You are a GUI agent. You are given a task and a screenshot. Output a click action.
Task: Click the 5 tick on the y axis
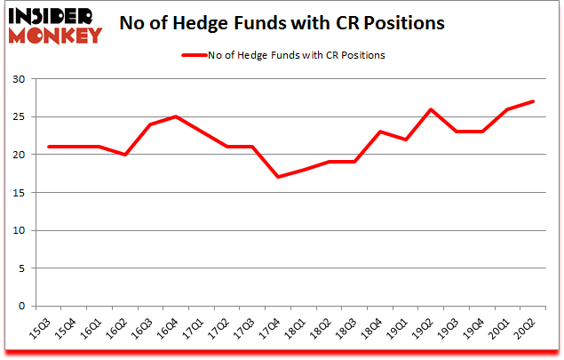22,268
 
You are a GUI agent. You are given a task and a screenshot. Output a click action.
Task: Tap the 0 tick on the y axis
22,306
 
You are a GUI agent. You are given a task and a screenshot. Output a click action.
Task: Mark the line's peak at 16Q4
176,116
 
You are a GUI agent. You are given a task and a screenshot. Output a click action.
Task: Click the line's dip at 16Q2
125,155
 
